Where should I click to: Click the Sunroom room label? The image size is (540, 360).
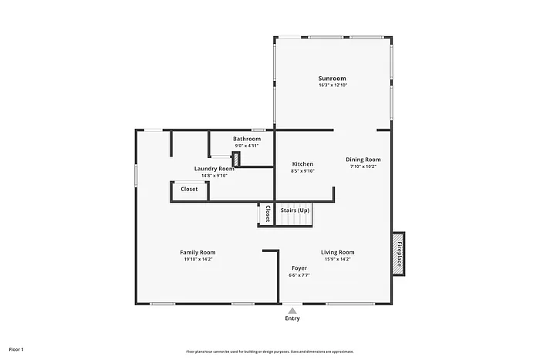pyautogui.click(x=332, y=78)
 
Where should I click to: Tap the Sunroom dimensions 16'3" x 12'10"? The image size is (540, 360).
pyautogui.click(x=332, y=85)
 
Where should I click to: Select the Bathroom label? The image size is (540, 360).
pyautogui.click(x=247, y=139)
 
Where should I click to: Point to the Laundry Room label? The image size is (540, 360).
pyautogui.click(x=214, y=168)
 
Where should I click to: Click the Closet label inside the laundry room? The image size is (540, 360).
pyautogui.click(x=189, y=189)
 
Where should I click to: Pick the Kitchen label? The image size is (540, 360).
pyautogui.click(x=302, y=164)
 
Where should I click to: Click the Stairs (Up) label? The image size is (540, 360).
pyautogui.click(x=295, y=210)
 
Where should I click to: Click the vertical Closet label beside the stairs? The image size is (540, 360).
pyautogui.click(x=267, y=214)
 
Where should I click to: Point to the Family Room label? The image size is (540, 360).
pyautogui.click(x=197, y=252)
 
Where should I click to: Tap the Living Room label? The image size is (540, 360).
pyautogui.click(x=337, y=252)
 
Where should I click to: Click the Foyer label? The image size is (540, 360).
pyautogui.click(x=299, y=268)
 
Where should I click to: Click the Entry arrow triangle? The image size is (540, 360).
pyautogui.click(x=292, y=310)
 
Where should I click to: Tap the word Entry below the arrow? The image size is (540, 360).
pyautogui.click(x=292, y=318)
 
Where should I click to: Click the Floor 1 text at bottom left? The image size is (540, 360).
pyautogui.click(x=16, y=349)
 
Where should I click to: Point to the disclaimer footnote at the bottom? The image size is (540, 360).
pyautogui.click(x=269, y=351)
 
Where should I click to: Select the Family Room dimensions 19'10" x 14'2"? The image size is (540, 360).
pyautogui.click(x=197, y=259)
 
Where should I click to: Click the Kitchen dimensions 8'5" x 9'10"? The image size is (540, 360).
pyautogui.click(x=302, y=171)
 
